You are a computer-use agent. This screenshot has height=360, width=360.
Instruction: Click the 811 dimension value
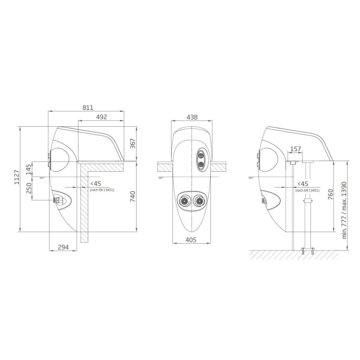click(88, 107)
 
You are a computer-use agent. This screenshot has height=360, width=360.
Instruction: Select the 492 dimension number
click(102, 117)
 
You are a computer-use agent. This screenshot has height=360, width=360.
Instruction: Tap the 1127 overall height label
click(17, 177)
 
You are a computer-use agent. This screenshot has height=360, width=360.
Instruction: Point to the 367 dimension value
click(133, 143)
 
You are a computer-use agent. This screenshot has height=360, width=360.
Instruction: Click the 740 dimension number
click(133, 196)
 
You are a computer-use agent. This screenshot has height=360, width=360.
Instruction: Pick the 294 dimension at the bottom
click(63, 247)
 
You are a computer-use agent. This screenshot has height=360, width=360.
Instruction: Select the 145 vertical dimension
click(29, 169)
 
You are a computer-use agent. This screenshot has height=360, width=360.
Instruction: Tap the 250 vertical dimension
click(29, 188)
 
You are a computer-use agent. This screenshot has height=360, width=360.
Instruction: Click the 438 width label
click(192, 117)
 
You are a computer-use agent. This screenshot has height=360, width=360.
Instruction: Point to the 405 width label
click(191, 240)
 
